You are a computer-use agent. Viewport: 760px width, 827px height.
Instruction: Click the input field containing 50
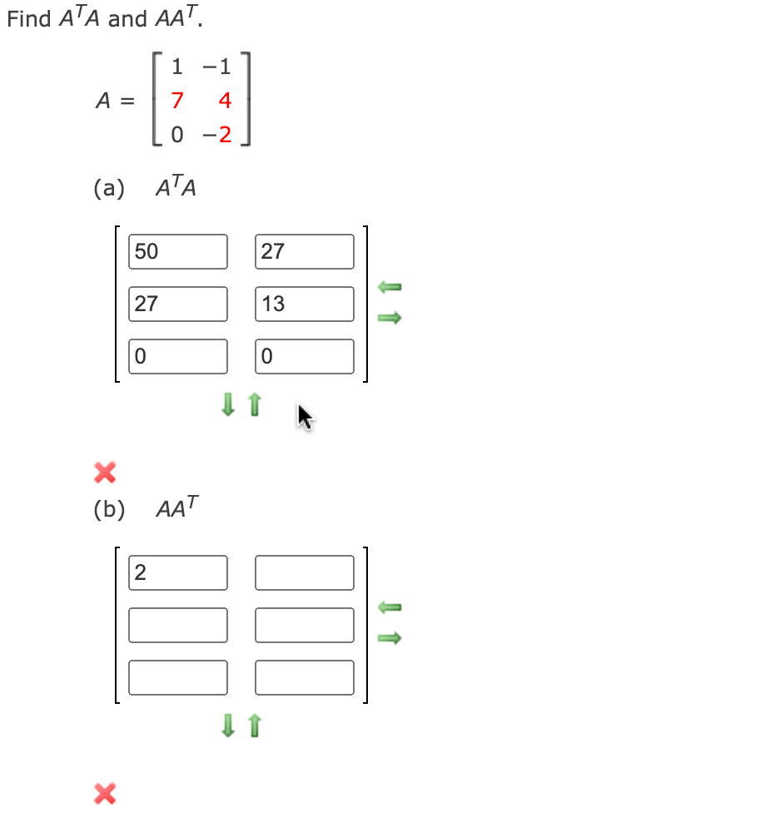(x=178, y=251)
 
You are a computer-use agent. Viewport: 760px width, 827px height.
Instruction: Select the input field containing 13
(x=305, y=304)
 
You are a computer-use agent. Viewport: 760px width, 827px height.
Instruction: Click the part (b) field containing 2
(x=178, y=572)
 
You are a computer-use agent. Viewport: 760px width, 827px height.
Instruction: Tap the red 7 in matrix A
(x=176, y=102)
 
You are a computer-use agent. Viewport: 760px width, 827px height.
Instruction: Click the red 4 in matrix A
(x=224, y=102)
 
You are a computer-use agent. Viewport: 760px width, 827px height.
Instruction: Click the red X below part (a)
(x=104, y=473)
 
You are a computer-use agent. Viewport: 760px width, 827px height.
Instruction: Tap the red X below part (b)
(x=104, y=794)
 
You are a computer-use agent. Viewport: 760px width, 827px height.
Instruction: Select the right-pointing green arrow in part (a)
(x=390, y=317)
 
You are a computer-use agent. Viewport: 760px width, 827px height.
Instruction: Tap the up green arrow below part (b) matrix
(x=255, y=726)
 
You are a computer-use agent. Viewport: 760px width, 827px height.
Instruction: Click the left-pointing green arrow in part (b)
(x=390, y=608)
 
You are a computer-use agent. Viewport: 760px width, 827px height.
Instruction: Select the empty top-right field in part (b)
(x=305, y=572)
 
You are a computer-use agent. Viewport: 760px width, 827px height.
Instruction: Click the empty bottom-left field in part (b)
(x=178, y=677)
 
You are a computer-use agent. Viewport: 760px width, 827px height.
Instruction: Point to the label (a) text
(x=108, y=189)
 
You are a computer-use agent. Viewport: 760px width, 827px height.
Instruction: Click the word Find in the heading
(x=29, y=19)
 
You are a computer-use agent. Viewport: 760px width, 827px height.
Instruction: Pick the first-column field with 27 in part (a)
(x=178, y=304)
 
